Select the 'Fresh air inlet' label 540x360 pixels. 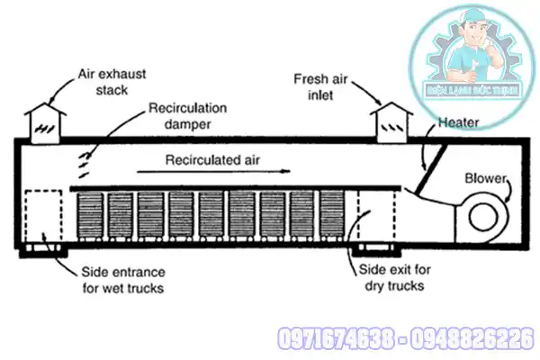click(322, 86)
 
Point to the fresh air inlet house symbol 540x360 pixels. click(392, 121)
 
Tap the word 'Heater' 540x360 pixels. click(459, 121)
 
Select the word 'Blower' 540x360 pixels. click(487, 177)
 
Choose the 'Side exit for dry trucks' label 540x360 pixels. click(386, 279)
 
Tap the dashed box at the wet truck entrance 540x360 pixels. click(45, 215)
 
